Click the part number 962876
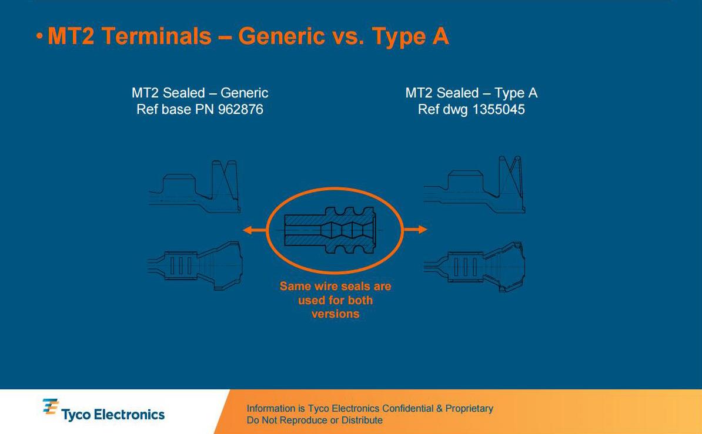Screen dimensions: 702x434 [x=240, y=110]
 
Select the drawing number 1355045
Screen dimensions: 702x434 [x=499, y=110]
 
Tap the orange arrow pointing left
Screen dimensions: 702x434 [x=255, y=230]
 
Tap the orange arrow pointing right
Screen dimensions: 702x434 [x=415, y=230]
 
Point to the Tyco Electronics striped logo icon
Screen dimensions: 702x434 [x=51, y=407]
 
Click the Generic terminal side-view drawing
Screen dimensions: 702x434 [x=194, y=186]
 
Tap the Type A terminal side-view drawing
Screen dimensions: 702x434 [x=474, y=184]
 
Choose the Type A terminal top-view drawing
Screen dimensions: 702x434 [x=474, y=267]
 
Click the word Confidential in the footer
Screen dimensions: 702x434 [x=408, y=409]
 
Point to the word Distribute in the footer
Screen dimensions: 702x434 [x=362, y=420]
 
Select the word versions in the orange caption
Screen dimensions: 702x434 [x=335, y=314]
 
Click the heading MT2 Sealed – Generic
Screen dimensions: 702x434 [x=200, y=93]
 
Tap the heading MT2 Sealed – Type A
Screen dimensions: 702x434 [x=472, y=93]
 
